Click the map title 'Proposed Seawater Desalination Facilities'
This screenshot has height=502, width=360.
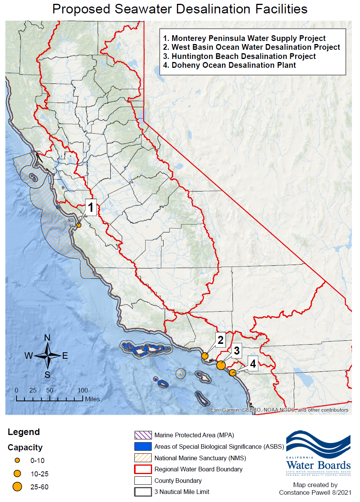click(180, 9)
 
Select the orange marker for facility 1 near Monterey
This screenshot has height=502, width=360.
click(79, 225)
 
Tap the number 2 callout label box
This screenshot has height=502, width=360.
click(220, 340)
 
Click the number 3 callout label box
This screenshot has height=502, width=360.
click(237, 350)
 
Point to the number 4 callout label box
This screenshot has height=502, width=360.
click(253, 363)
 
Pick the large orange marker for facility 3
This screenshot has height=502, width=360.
click(221, 365)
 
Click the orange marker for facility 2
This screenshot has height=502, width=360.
click(205, 356)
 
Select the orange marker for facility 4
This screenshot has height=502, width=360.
click(232, 373)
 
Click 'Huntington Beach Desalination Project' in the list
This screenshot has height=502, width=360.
click(244, 56)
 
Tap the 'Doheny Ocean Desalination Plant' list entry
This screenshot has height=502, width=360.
click(234, 65)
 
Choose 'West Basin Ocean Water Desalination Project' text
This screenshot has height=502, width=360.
click(255, 47)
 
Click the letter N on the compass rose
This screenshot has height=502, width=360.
click(47, 338)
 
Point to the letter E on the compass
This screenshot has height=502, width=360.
click(65, 356)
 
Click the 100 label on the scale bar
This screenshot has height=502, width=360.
click(83, 391)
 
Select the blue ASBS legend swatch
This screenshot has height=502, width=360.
click(143, 446)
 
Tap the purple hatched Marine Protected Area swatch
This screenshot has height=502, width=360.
click(143, 435)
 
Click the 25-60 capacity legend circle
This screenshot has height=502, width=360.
click(17, 487)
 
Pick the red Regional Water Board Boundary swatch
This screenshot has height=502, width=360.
click(143, 469)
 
